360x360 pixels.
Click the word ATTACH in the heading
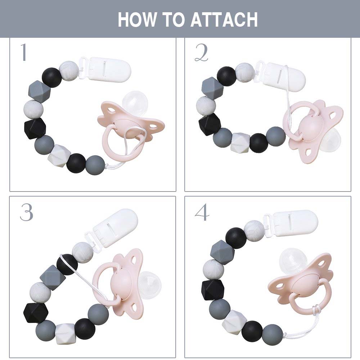pos(224,20)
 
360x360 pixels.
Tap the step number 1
pos(24,52)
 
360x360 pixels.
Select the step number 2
pos(201,53)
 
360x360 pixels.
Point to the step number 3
pos(26,212)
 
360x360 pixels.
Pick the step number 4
pos(202,212)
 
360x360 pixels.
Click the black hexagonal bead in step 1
pos(35,129)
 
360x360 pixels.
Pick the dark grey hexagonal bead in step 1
pos(39,91)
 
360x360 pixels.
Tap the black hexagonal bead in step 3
pos(35,313)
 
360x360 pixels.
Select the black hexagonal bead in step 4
pos(213,290)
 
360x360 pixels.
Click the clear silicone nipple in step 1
pos(135,102)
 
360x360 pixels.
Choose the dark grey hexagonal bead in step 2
pos(212,88)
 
